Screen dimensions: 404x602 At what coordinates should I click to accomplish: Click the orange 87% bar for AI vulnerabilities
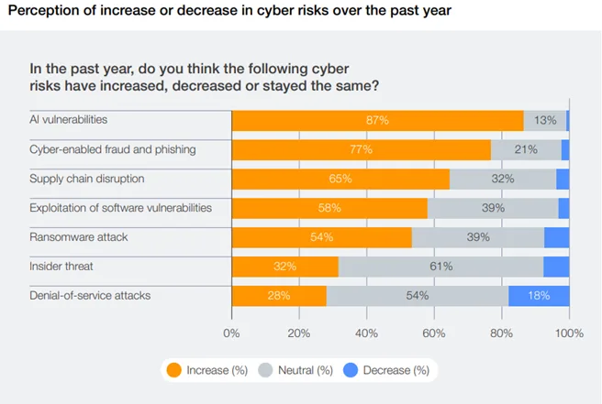point(377,120)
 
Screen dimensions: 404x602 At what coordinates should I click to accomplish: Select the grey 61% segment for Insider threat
point(440,267)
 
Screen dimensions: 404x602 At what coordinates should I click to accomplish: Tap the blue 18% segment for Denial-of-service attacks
point(539,296)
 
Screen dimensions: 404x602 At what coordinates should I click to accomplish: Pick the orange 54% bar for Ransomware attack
point(322,237)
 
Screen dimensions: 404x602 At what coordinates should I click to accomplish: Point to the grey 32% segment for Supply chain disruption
point(503,179)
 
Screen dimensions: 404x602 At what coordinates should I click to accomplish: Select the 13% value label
point(545,120)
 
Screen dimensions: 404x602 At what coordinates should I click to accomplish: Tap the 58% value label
point(329,208)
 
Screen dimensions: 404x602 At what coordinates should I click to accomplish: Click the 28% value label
point(279,296)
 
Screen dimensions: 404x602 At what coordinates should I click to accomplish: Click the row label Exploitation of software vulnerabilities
point(120,208)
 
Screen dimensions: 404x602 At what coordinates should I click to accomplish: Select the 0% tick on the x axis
point(231,333)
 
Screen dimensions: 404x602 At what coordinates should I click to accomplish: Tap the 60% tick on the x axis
point(434,333)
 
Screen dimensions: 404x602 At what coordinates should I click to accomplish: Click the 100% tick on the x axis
point(569,333)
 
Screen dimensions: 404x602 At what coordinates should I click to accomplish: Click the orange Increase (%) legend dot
point(173,370)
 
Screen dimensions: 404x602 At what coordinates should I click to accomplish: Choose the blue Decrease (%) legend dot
point(351,370)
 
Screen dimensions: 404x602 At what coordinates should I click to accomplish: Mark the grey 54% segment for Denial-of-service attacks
point(418,296)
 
